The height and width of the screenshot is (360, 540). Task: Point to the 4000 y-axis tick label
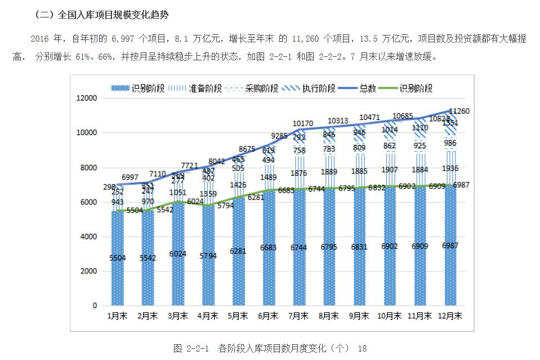pyautogui.click(x=88, y=237)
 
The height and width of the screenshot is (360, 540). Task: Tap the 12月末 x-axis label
pyautogui.click(x=450, y=317)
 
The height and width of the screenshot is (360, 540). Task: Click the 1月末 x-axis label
pyautogui.click(x=118, y=317)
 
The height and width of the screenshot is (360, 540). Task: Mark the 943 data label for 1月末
pyautogui.click(x=118, y=202)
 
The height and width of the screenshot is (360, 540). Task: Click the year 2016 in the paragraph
pyautogui.click(x=40, y=39)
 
